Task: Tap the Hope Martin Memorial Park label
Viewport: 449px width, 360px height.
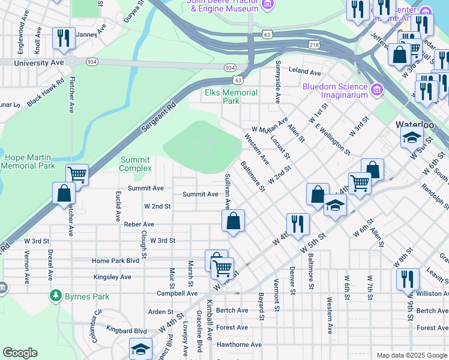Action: pyautogui.click(x=29, y=161)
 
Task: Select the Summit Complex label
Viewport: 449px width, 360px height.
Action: pyautogui.click(x=136, y=164)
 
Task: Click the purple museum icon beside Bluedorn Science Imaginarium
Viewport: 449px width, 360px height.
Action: pyautogui.click(x=377, y=90)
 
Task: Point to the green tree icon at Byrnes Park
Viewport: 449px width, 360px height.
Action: pyautogui.click(x=56, y=296)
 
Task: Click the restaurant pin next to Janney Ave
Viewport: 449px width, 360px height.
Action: pyautogui.click(x=63, y=38)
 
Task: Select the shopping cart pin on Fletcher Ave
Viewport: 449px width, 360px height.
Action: pyautogui.click(x=77, y=175)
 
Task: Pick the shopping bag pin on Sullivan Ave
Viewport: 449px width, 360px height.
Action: pyautogui.click(x=233, y=221)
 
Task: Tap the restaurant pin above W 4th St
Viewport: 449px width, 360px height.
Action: pyautogui.click(x=297, y=224)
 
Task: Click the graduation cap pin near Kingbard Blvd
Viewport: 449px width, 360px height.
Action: pyautogui.click(x=140, y=349)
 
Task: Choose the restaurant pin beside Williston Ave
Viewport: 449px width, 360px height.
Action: pyautogui.click(x=407, y=279)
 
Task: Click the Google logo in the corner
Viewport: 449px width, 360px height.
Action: pyautogui.click(x=20, y=353)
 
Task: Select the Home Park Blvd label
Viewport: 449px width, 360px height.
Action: pyautogui.click(x=115, y=261)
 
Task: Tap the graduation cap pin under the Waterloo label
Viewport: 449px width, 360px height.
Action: pyautogui.click(x=411, y=137)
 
